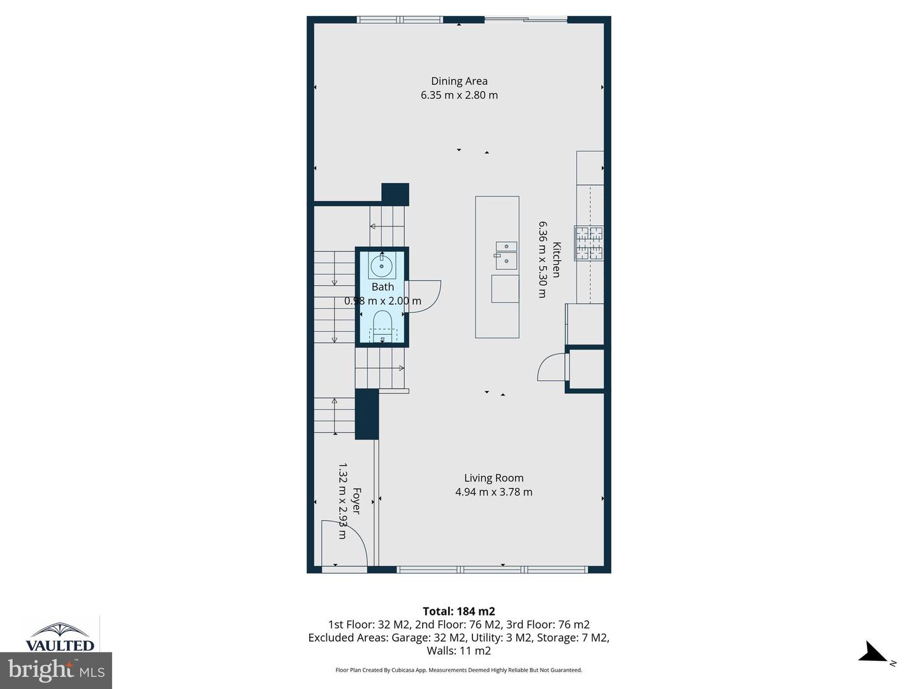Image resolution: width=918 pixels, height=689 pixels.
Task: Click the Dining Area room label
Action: tap(459, 81)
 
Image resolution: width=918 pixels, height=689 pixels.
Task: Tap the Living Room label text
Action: tap(493, 478)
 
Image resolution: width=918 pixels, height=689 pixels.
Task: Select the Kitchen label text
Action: tap(556, 260)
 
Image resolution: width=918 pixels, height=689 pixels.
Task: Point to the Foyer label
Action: tap(356, 501)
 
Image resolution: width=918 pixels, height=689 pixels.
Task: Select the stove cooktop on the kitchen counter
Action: tap(589, 243)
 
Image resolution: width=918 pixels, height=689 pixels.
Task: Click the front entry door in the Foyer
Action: tap(344, 542)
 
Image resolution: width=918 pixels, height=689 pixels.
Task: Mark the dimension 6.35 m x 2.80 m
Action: tap(459, 95)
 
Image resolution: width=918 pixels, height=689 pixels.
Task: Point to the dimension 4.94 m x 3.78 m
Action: tap(493, 492)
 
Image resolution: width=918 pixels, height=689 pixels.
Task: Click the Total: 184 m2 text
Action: tap(458, 611)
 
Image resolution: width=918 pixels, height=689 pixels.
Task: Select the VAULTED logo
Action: tap(60, 637)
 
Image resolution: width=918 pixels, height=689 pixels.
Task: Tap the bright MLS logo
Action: tap(56, 670)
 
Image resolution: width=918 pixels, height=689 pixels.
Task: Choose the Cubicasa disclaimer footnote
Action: tap(458, 670)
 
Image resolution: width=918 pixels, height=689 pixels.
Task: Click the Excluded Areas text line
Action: tap(458, 637)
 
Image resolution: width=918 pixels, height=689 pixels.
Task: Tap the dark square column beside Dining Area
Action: tap(395, 194)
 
